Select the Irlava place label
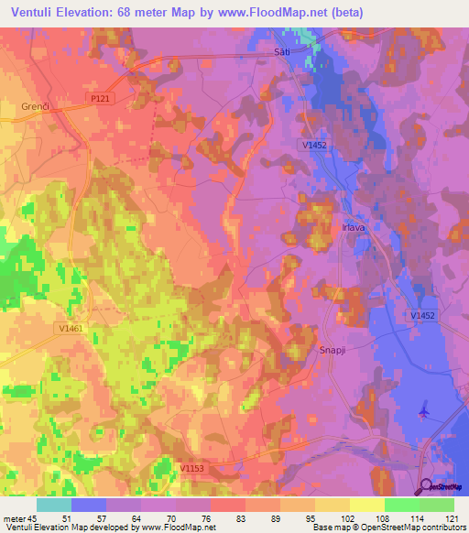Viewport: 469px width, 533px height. pyautogui.click(x=355, y=228)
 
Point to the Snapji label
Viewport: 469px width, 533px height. pyautogui.click(x=332, y=349)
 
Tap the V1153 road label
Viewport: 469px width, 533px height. pyautogui.click(x=191, y=468)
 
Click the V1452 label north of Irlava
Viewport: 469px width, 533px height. pyautogui.click(x=312, y=145)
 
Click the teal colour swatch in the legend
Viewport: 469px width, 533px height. pyautogui.click(x=54, y=504)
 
